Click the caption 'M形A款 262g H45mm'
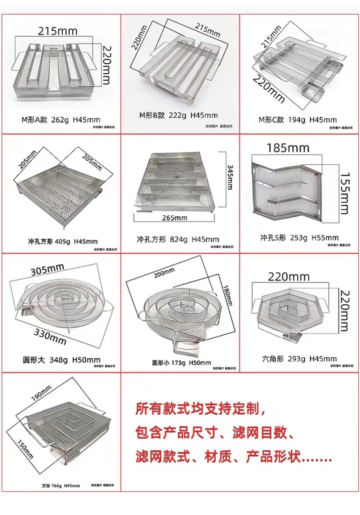click(x=61, y=119)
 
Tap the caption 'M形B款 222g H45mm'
click(x=178, y=115)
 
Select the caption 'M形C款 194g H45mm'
click(x=298, y=119)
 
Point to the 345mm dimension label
click(x=230, y=176)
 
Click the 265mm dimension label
click(x=174, y=218)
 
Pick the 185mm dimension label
click(x=288, y=148)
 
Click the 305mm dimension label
click(x=47, y=269)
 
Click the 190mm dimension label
click(x=41, y=393)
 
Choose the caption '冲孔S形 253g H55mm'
click(x=299, y=237)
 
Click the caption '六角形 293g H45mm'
click(x=299, y=359)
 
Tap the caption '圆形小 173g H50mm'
click(x=182, y=363)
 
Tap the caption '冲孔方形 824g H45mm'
click(x=177, y=239)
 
